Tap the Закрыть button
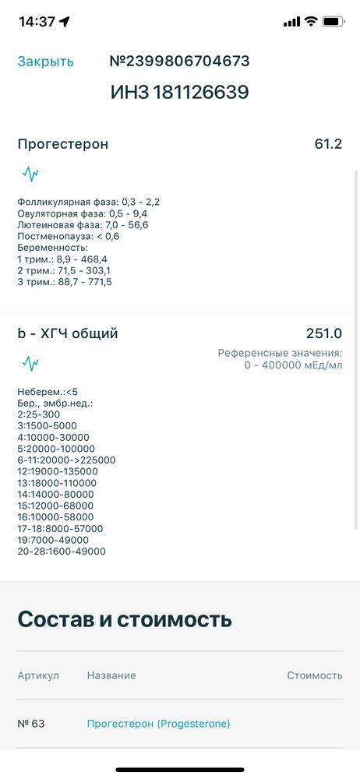coord(46,62)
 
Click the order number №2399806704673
coord(179,62)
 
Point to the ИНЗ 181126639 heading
coord(179,93)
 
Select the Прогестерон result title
coord(63,144)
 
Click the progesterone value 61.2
coord(328,144)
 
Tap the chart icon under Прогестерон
coord(30,173)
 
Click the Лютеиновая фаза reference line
coord(83,225)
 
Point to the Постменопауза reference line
coord(69,236)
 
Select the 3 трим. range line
coord(65,282)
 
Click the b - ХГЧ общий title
coord(68,334)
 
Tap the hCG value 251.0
coord(323,334)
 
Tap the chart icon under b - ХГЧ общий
coord(30,363)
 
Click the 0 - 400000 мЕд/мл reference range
coord(294,365)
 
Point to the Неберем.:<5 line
coord(48,392)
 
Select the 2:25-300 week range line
coord(38,414)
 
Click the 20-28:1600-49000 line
coord(62,552)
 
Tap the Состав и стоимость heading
coord(125,619)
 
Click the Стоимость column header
coord(314,675)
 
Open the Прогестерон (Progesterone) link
coord(158,724)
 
